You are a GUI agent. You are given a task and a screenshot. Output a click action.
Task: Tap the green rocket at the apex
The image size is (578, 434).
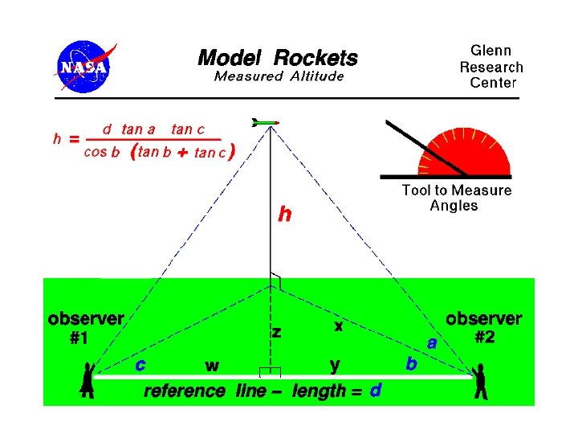click(x=265, y=123)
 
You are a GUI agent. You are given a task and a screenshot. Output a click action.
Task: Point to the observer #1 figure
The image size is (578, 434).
click(x=88, y=379)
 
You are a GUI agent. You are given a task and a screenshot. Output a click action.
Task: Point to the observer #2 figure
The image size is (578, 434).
click(x=480, y=381)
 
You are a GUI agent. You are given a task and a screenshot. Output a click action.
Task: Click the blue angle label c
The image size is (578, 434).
click(x=140, y=364)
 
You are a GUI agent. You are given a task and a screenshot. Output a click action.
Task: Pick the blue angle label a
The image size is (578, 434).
click(x=432, y=343)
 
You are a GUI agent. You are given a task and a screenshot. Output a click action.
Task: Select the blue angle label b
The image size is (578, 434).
click(x=411, y=364)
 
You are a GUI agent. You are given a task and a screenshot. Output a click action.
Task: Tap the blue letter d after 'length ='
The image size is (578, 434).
click(x=375, y=391)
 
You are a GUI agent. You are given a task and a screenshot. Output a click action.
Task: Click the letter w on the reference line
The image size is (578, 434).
click(x=212, y=366)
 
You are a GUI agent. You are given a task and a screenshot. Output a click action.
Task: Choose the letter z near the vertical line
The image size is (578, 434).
click(x=276, y=331)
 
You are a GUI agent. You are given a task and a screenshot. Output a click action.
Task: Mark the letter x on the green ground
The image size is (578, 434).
click(x=339, y=326)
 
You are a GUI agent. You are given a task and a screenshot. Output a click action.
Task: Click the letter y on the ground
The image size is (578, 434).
click(x=335, y=366)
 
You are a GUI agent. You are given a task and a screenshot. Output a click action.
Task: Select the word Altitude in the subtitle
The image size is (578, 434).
click(x=314, y=76)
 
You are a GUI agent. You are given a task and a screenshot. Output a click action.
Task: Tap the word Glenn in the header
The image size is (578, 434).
click(x=490, y=51)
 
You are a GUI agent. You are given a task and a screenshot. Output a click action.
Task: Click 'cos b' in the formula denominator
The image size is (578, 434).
click(x=102, y=153)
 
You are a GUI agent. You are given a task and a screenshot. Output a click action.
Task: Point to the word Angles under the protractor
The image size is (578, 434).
click(x=454, y=206)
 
